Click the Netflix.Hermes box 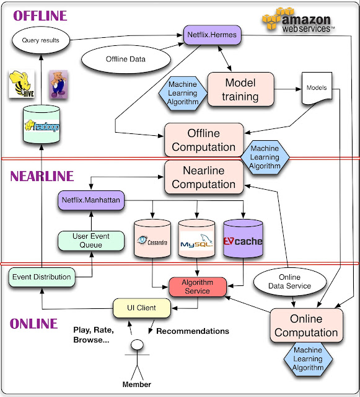tap(212, 36)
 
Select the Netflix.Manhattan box tap(92, 200)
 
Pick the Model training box tap(240, 89)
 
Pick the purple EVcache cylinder tap(243, 241)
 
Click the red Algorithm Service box tap(197, 287)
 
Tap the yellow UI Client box tap(142, 307)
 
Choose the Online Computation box tap(306, 326)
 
